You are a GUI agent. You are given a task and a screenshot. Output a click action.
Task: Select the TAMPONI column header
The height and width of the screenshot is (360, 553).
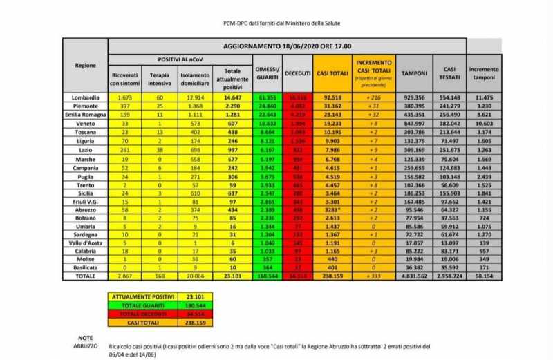point(414,73)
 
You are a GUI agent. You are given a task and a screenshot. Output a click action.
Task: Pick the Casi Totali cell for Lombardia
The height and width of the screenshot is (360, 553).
point(332,97)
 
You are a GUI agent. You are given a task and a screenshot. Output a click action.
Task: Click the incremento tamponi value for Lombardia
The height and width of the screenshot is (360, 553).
point(484,97)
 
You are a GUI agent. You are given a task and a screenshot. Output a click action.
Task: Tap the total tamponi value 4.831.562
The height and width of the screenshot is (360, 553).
point(414,275)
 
